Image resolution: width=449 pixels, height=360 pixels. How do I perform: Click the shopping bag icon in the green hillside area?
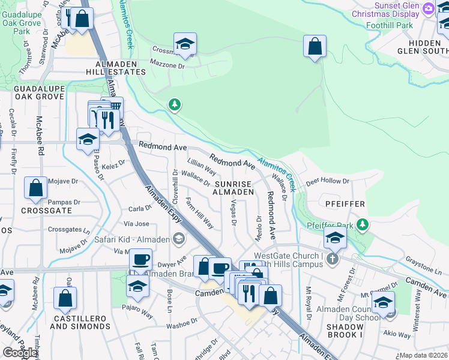[315, 46]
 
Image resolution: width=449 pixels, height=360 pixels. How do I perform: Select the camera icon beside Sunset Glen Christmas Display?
[428, 8]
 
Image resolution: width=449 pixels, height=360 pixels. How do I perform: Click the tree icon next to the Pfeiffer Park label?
[362, 224]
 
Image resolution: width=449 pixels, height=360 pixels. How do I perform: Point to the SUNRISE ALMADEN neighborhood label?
[234, 187]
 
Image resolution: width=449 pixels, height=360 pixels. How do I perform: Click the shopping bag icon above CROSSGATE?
[36, 188]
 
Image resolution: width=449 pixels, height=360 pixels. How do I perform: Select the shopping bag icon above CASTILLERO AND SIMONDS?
[65, 298]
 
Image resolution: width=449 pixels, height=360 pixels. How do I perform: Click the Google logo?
[20, 353]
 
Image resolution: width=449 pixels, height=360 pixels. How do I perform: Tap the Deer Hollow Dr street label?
[327, 181]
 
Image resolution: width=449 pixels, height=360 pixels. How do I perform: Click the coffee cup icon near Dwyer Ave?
[141, 260]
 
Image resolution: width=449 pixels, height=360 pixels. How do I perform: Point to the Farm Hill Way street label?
[199, 213]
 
